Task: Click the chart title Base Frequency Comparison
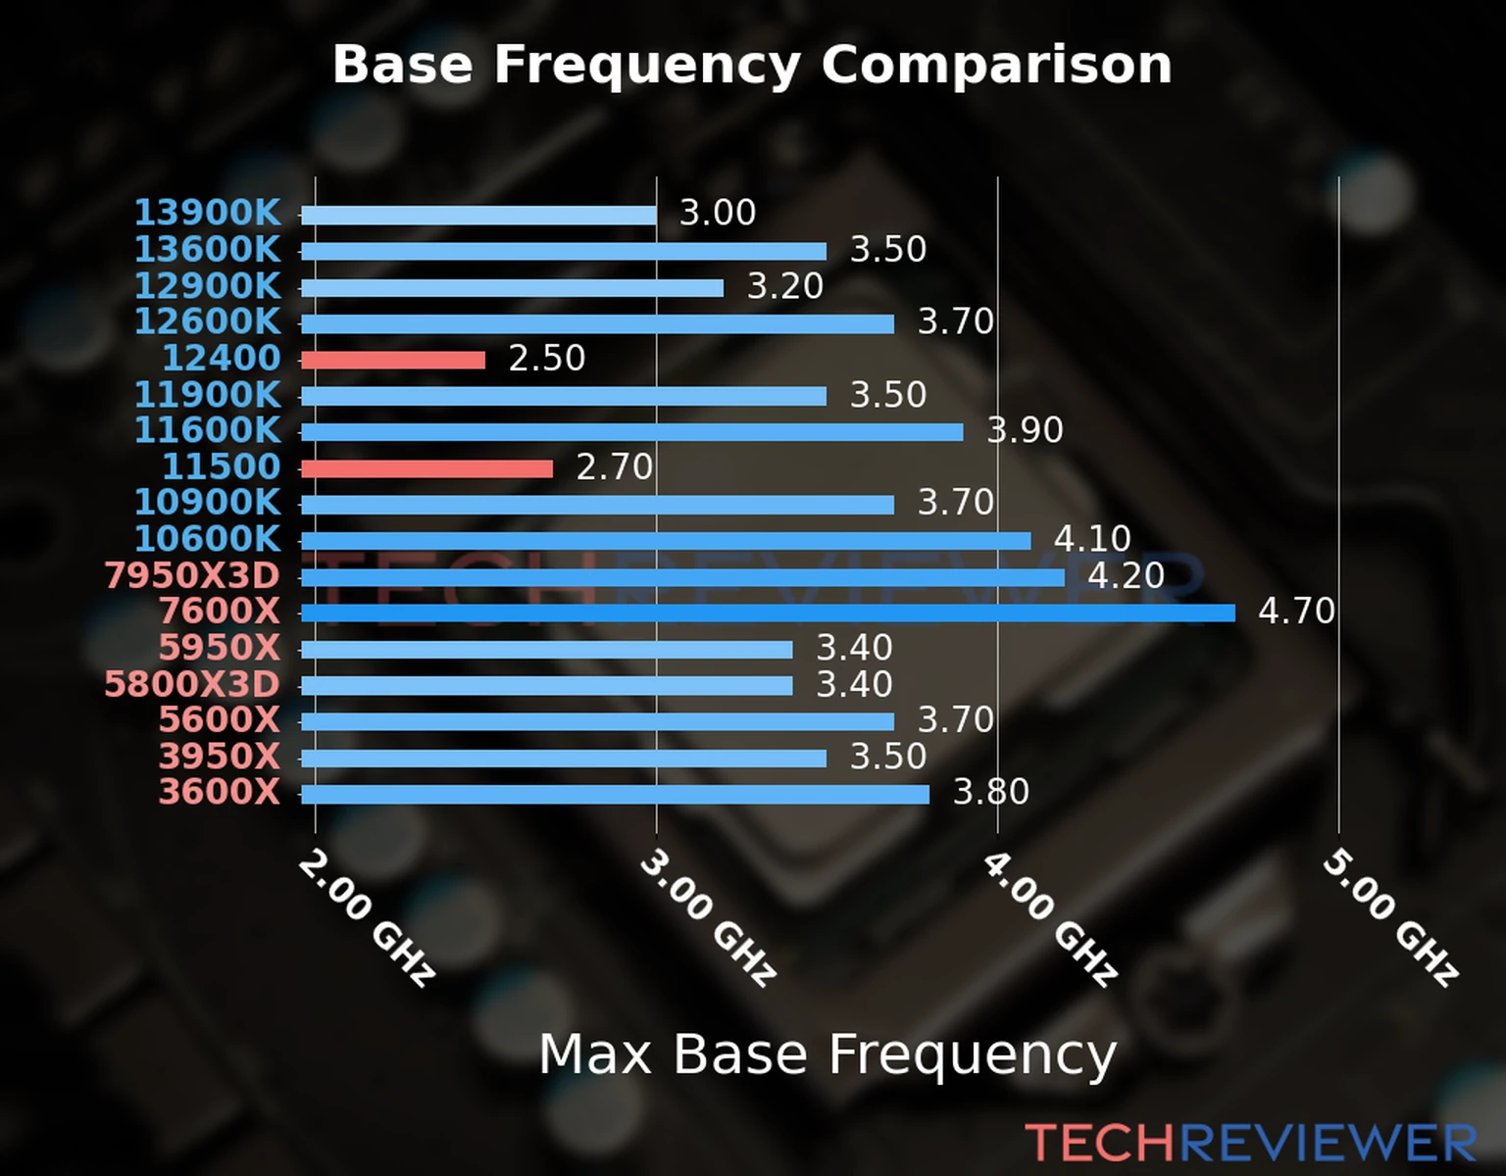[752, 65]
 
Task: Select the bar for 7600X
[768, 613]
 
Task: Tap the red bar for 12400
[392, 360]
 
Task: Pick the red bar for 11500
[427, 468]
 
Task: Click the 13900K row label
[207, 212]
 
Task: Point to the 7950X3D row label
[192, 575]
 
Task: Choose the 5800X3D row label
[192, 684]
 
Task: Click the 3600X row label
[220, 792]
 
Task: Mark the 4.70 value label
[1296, 612]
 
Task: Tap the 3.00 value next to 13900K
[718, 213]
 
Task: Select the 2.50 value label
[546, 359]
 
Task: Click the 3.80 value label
[990, 792]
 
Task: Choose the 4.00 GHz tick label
[1049, 918]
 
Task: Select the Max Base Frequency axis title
[828, 1054]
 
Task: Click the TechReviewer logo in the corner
[1250, 1143]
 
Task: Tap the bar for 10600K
[666, 541]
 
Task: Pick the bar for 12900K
[512, 287]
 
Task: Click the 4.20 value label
[1126, 575]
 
